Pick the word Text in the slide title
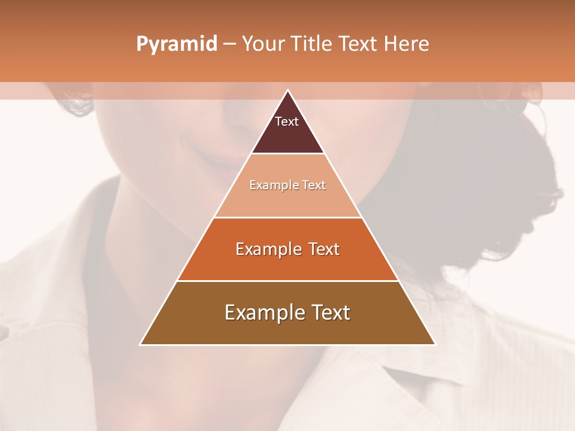point(358,44)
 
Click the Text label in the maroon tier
point(287,122)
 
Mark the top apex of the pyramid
point(287,90)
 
